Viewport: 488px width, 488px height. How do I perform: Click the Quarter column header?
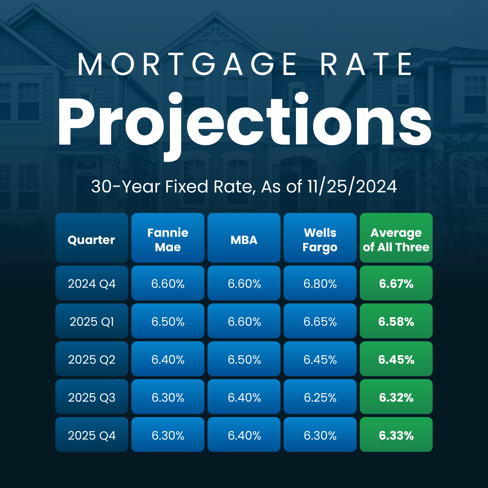pos(91,239)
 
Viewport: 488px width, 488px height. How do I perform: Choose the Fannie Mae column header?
pos(168,239)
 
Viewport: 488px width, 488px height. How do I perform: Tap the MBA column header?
pos(244,239)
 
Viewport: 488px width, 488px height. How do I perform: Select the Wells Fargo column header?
pos(320,239)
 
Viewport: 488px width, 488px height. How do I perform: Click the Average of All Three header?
pos(396,239)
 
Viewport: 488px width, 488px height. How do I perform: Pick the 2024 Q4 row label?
pos(91,284)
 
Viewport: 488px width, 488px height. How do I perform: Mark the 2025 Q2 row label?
pos(91,360)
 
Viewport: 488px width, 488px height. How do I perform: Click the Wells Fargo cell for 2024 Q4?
pos(320,284)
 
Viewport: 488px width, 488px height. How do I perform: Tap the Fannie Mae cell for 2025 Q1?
pos(168,322)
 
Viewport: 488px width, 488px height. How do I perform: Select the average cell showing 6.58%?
pos(396,322)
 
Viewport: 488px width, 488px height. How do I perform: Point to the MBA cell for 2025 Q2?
pos(244,360)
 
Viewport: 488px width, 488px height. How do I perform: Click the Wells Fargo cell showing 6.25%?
pos(320,398)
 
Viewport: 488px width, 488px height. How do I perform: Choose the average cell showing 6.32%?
pos(396,398)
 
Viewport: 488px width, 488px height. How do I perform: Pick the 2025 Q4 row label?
pos(91,436)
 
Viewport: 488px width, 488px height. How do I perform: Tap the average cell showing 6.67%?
pos(396,284)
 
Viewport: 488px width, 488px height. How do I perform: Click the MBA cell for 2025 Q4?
pos(244,436)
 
